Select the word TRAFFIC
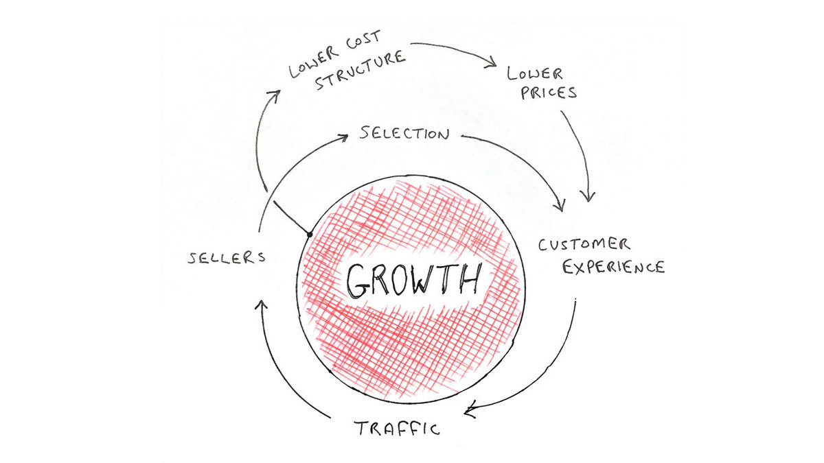point(397,429)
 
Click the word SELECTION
point(404,134)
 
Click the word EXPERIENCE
point(613,267)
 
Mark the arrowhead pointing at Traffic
point(470,412)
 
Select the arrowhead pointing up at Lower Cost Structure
point(274,94)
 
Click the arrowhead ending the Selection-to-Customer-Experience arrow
point(561,205)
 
